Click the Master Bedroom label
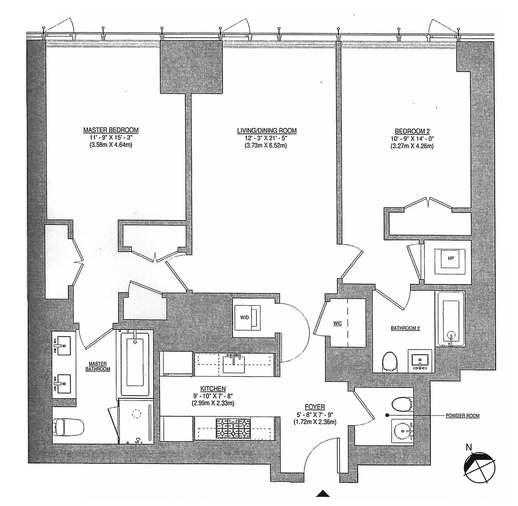(x=111, y=130)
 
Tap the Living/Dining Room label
(x=266, y=130)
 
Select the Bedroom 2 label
(x=411, y=131)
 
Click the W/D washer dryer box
(x=246, y=316)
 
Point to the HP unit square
(x=451, y=259)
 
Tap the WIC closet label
(x=338, y=323)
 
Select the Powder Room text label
(x=462, y=416)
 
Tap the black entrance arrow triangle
(x=323, y=494)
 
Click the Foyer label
(x=315, y=407)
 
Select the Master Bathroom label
(x=98, y=366)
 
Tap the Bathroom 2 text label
(x=405, y=328)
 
